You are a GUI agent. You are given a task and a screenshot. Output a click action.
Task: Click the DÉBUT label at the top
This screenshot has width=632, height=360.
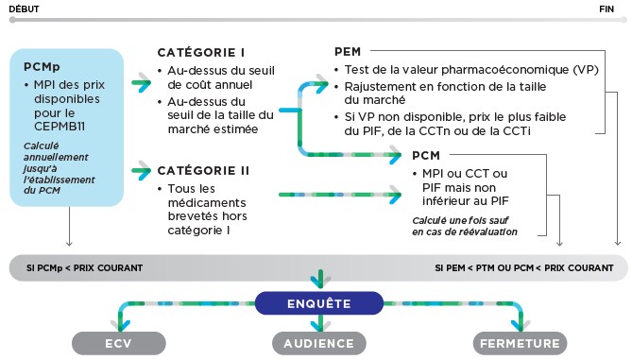[x=24, y=9]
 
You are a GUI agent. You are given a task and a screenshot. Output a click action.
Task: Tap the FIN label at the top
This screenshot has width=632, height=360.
[x=606, y=9]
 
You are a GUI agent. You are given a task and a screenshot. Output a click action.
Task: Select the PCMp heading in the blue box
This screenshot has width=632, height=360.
[x=42, y=66]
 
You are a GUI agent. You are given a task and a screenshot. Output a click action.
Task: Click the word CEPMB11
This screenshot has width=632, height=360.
[x=60, y=127]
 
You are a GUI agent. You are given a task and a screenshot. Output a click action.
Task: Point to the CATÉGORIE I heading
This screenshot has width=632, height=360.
[x=201, y=52]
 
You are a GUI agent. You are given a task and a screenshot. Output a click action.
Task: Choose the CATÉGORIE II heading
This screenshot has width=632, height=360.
[x=203, y=170]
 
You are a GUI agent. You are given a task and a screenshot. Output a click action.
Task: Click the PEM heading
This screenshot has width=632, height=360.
[x=348, y=52]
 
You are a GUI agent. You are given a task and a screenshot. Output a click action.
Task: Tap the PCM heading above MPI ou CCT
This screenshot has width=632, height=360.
[x=426, y=155]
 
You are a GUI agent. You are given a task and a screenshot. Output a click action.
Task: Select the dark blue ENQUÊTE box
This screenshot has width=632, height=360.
[x=319, y=303]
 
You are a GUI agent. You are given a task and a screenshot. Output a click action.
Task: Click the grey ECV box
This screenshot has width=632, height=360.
[x=119, y=344]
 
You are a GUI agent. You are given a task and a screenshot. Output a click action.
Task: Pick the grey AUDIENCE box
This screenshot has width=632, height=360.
[x=319, y=344]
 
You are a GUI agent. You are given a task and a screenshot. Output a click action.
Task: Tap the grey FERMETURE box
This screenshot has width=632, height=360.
[x=520, y=344]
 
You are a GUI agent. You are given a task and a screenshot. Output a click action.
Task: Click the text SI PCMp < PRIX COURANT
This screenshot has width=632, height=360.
[x=85, y=268]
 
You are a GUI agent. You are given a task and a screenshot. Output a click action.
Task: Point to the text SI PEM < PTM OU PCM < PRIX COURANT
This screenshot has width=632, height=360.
[x=524, y=268]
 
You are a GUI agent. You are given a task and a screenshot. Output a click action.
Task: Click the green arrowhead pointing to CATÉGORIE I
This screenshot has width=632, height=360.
[x=144, y=82]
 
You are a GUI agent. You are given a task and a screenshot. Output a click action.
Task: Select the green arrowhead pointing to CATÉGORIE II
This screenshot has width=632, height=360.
[x=144, y=171]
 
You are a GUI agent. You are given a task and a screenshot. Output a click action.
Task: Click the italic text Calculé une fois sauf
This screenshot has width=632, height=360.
[x=460, y=220]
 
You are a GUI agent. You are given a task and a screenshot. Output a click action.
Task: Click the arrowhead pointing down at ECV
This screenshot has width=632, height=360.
[x=123, y=325]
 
